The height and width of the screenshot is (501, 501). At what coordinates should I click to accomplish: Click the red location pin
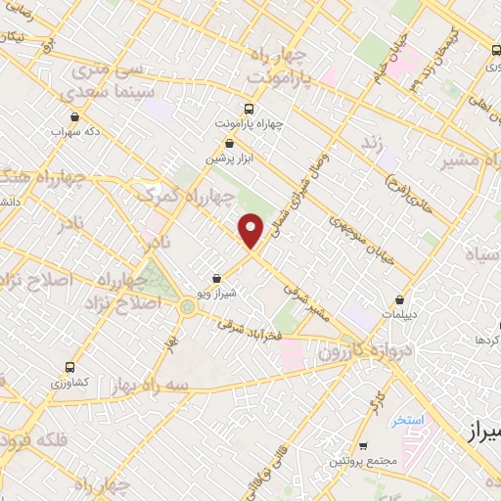251,230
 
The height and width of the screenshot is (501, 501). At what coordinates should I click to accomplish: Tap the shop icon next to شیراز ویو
216,279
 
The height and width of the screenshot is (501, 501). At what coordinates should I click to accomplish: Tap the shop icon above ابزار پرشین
229,143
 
